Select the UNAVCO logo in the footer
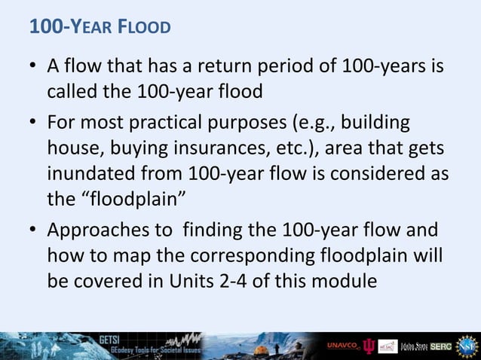tap(342, 345)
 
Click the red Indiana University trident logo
tap(369, 346)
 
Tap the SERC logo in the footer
tap(441, 346)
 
